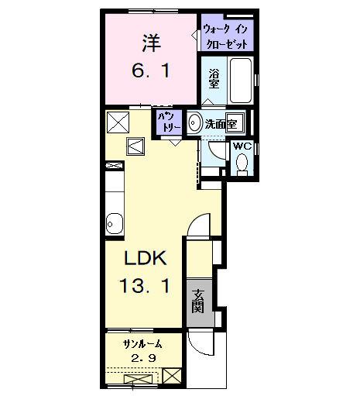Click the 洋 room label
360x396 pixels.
coord(152,43)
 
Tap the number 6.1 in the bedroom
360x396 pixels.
coord(151,71)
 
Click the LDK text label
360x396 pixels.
coord(145,258)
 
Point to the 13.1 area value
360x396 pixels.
coord(145,285)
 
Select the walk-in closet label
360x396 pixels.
coord(225,36)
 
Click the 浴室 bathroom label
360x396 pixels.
coord(214,79)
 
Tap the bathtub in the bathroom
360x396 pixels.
coord(241,81)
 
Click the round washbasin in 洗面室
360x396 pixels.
coord(195,122)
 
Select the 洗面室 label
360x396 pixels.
coord(221,125)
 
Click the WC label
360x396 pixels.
coord(242,146)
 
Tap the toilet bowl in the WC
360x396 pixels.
coord(242,163)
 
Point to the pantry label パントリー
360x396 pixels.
coord(169,122)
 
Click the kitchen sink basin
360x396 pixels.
coord(115,223)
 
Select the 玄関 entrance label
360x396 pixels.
coord(198,301)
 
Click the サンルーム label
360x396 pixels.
coord(142,344)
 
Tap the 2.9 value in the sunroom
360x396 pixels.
coord(143,358)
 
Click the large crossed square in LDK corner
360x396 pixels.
coord(118,122)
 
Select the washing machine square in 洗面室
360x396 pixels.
coord(235,123)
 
